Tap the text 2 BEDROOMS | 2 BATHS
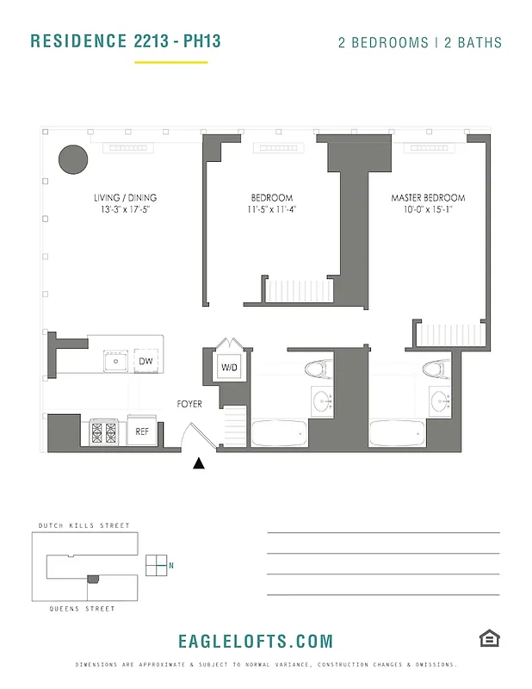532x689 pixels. (419, 42)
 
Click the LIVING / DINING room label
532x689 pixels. (126, 198)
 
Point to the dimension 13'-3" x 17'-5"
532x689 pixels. (126, 209)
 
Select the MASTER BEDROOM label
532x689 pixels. (428, 198)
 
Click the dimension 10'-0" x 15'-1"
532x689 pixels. (428, 209)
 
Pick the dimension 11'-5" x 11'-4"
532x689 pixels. (272, 209)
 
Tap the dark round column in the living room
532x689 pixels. (73, 158)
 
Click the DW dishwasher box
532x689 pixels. (146, 361)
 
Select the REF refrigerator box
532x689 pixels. (143, 431)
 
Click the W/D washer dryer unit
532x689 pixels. (230, 368)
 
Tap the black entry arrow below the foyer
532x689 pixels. (199, 463)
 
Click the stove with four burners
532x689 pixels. (103, 431)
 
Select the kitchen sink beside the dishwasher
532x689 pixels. (114, 361)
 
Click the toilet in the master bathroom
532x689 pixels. (433, 369)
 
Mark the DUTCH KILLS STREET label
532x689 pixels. (84, 525)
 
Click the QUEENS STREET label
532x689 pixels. (84, 609)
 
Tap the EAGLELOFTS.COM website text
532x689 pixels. (255, 642)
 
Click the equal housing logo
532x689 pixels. (490, 638)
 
